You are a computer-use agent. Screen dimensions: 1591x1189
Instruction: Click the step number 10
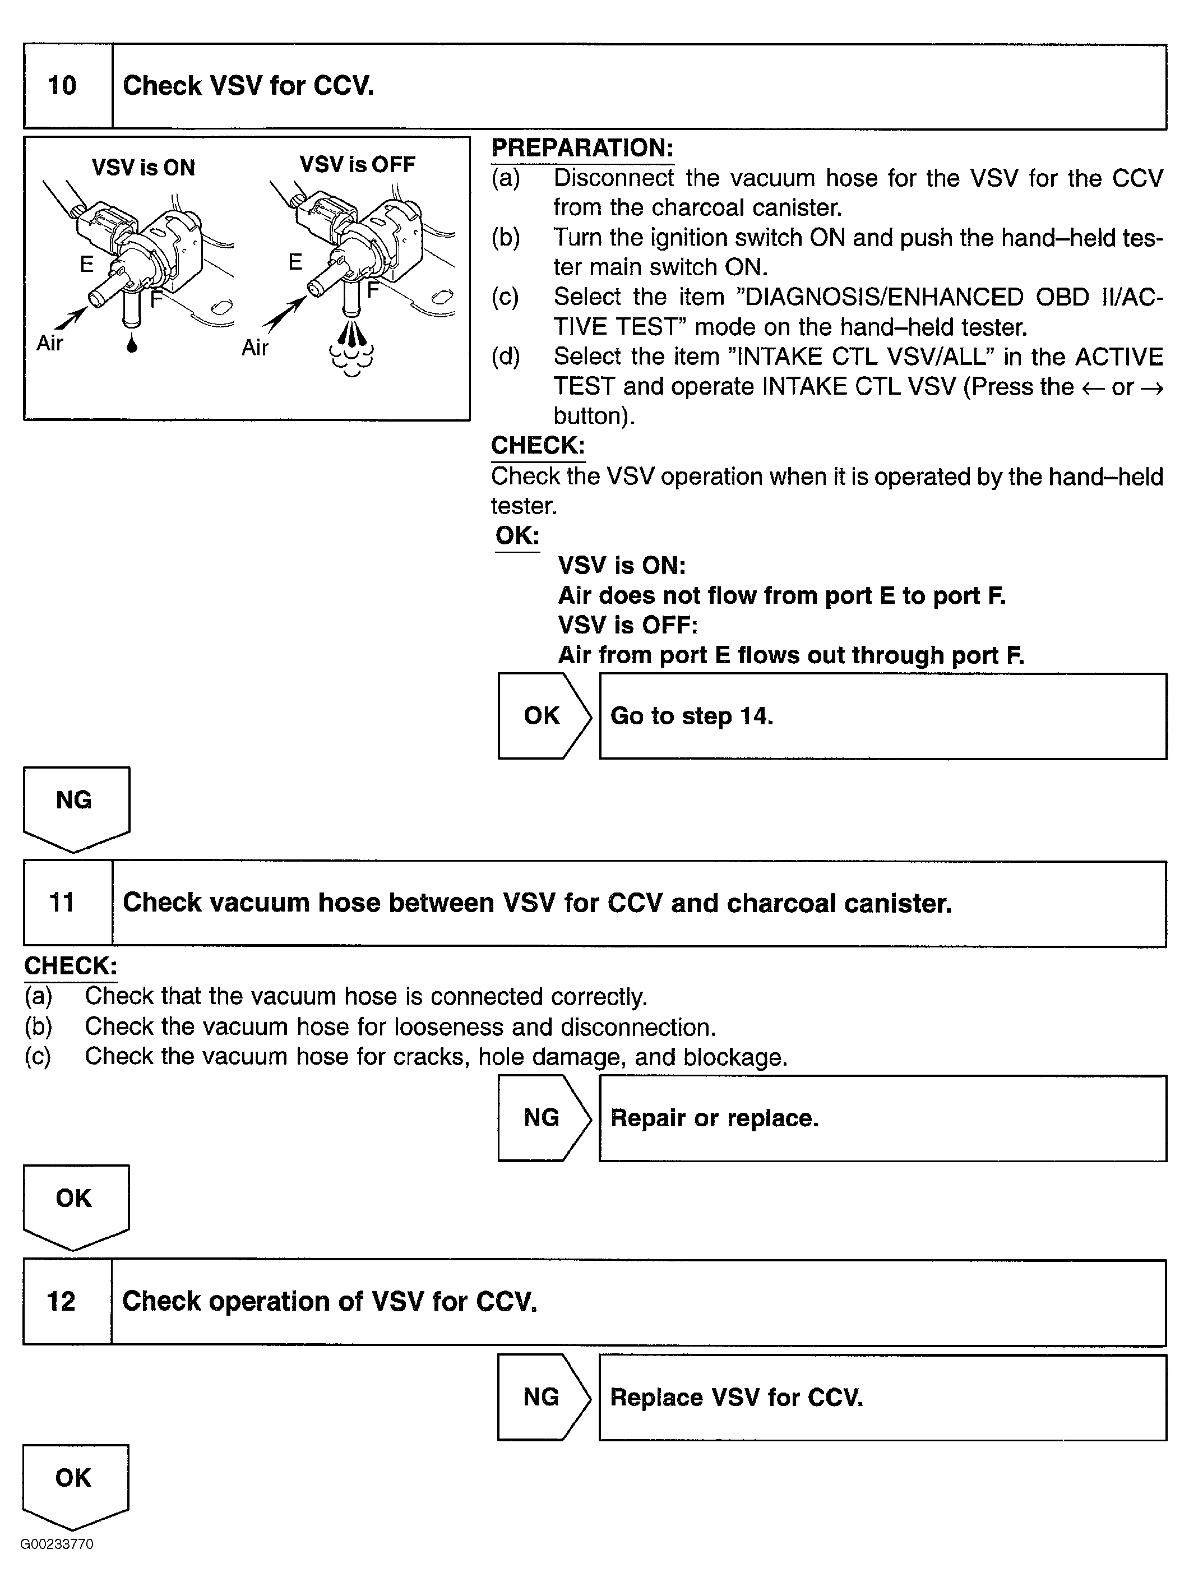(62, 86)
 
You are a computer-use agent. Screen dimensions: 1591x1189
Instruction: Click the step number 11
(62, 903)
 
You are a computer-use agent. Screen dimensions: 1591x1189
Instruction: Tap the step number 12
(61, 1301)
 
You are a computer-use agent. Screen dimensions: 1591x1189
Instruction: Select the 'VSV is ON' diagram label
(143, 168)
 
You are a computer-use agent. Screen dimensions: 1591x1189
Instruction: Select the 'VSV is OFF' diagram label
(358, 165)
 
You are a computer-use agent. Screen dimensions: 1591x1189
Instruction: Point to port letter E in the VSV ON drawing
(86, 265)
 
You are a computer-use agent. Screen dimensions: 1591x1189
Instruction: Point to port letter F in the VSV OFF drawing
(373, 290)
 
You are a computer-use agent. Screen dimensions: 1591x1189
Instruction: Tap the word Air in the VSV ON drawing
(50, 343)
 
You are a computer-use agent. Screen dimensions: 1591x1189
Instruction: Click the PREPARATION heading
(582, 148)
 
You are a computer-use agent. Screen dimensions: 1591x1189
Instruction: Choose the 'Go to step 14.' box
(882, 716)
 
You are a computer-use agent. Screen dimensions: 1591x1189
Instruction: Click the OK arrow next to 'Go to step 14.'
(543, 716)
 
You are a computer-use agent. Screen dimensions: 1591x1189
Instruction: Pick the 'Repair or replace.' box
(882, 1118)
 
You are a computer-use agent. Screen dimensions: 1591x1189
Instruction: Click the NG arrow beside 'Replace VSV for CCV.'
(542, 1397)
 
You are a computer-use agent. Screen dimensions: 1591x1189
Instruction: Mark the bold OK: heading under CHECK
(516, 535)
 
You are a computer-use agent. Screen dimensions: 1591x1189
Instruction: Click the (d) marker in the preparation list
(506, 357)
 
